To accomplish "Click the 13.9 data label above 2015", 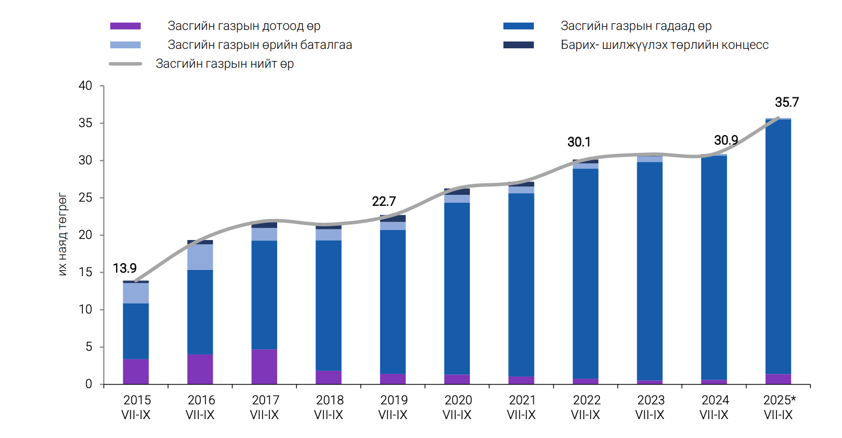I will [x=124, y=268].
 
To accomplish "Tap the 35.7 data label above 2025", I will [x=786, y=102].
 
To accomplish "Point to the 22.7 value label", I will [x=384, y=201].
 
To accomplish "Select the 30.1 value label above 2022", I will [x=579, y=142].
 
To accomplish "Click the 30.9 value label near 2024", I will [x=726, y=140].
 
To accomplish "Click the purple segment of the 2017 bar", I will [x=264, y=367].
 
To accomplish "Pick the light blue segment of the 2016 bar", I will [x=200, y=257].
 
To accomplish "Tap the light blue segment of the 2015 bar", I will [x=136, y=293].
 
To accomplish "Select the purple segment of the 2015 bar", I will [x=136, y=371].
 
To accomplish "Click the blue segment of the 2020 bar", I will [x=457, y=288].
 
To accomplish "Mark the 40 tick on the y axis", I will [x=86, y=86].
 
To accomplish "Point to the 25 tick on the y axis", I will [x=86, y=197].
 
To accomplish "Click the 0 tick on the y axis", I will [x=89, y=384].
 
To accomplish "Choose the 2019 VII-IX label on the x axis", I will [x=393, y=408].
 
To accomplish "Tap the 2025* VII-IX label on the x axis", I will [x=779, y=408].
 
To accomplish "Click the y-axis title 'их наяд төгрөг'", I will [x=62, y=234].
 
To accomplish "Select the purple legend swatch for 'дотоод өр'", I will [x=125, y=26].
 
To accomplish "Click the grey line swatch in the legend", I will [x=125, y=64].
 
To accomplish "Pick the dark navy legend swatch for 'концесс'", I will [x=518, y=45].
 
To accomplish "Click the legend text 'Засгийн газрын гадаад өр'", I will [x=636, y=26].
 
